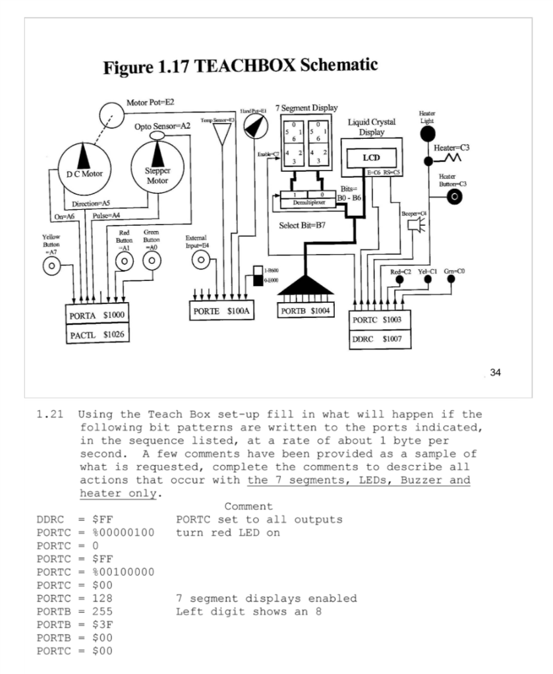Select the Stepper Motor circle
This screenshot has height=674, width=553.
click(157, 169)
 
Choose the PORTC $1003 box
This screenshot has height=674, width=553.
click(380, 319)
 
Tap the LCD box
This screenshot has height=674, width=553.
click(370, 158)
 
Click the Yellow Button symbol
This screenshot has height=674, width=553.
click(51, 266)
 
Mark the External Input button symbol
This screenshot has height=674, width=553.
click(200, 261)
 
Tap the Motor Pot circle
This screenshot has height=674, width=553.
click(111, 116)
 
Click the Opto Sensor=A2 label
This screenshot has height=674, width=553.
click(162, 125)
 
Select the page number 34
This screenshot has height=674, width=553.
click(495, 373)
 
